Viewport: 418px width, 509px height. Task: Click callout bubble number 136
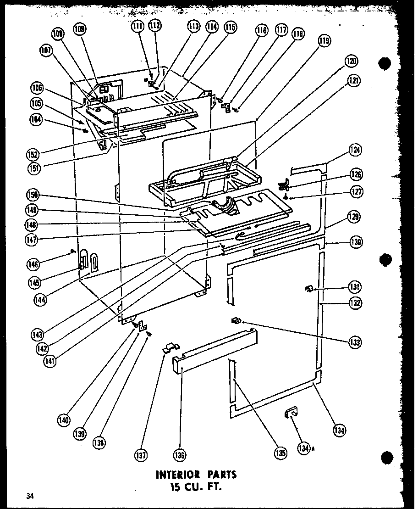(180, 455)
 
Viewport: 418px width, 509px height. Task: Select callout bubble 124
(355, 151)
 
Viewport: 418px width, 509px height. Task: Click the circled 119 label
(324, 42)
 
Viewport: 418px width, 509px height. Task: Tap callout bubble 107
(46, 52)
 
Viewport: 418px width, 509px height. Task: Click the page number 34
(30, 496)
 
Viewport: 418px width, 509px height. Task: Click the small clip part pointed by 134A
(290, 414)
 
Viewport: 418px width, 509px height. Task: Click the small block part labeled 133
(236, 320)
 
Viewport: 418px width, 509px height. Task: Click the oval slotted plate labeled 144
(93, 263)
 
